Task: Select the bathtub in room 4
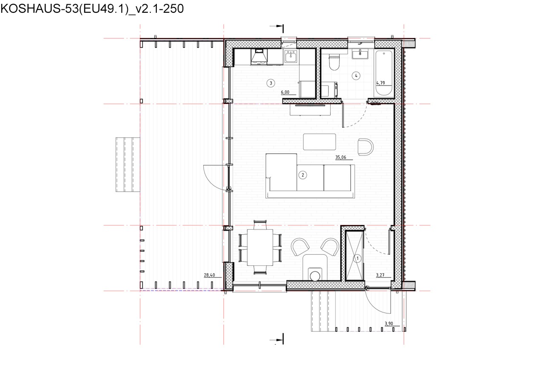tap(384, 73)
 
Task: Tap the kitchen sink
tap(291, 57)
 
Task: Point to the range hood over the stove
tap(259, 57)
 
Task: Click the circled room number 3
tap(271, 83)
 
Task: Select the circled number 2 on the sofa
tap(303, 175)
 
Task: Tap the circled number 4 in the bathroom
tap(356, 76)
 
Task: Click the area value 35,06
tap(340, 157)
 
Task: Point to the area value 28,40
tap(209, 275)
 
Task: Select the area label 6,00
tap(285, 92)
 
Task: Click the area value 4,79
tap(381, 83)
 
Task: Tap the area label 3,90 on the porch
tap(389, 324)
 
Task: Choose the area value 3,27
tap(380, 275)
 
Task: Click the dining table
tap(260, 247)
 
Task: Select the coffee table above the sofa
tap(319, 142)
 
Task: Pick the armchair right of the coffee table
tap(366, 147)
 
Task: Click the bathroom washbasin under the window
tap(360, 54)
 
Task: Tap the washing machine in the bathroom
tap(329, 89)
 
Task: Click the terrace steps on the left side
tap(128, 165)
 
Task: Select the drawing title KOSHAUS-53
tap(92, 9)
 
